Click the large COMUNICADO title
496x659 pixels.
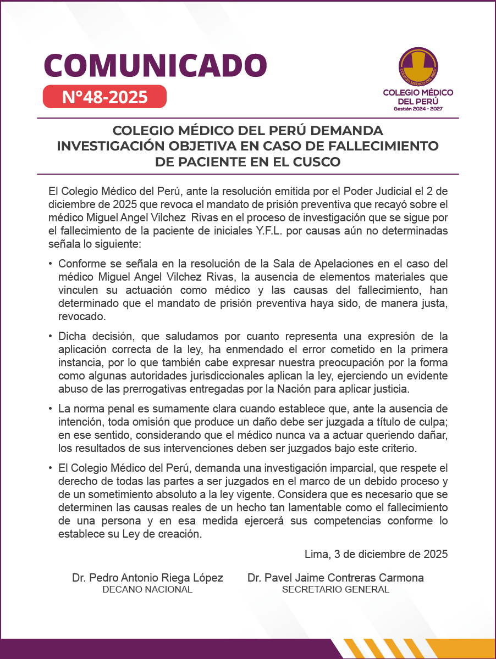click(155, 65)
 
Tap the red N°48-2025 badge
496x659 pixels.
click(104, 97)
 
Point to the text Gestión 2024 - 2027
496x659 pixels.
click(418, 109)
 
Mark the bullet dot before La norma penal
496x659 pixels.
click(51, 409)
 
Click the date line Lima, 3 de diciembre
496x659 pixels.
click(376, 554)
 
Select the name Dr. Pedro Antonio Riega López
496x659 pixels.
click(147, 578)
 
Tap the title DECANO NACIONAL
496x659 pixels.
click(147, 590)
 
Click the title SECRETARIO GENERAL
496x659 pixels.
click(335, 590)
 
